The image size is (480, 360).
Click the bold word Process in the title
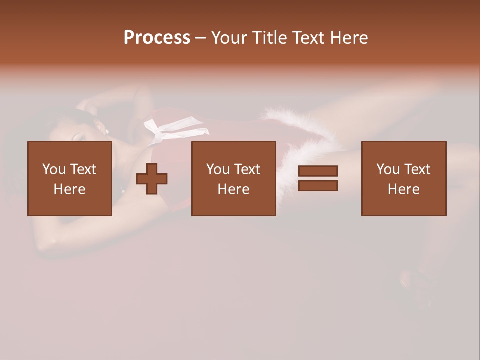tap(157, 38)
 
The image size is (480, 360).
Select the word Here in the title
tap(349, 38)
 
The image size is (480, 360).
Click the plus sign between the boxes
tap(152, 179)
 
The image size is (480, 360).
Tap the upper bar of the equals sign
tap(318, 171)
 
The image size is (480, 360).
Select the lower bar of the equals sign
tap(318, 186)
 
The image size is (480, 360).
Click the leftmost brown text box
tap(70, 150)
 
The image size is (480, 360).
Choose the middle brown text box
tap(233, 150)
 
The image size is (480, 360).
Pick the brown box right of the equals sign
tap(404, 150)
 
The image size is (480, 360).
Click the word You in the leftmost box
tap(54, 169)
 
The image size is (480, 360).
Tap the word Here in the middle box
tap(233, 189)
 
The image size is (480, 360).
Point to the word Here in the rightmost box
tap(404, 189)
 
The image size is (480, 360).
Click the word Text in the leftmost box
tap(83, 169)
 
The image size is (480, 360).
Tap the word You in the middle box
tap(218, 169)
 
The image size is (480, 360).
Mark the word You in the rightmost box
tap(388, 169)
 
